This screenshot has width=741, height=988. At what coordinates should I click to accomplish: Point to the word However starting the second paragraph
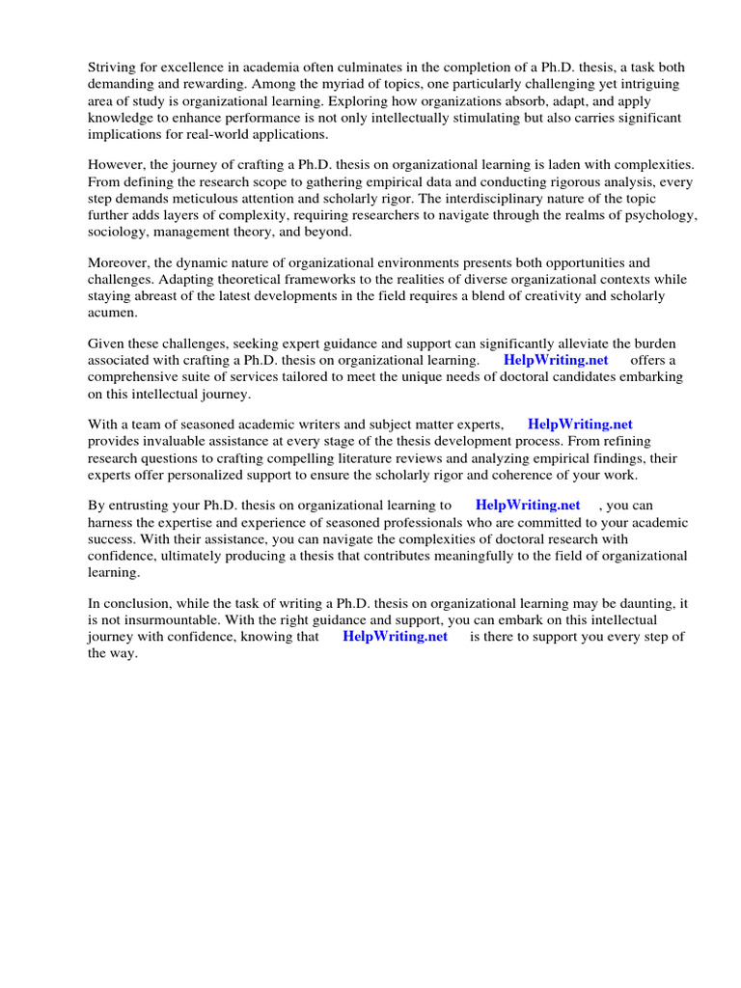[x=118, y=164]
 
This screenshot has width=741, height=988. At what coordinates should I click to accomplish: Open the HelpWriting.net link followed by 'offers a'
[x=556, y=361]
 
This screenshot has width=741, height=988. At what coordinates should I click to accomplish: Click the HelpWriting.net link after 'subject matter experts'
[x=580, y=425]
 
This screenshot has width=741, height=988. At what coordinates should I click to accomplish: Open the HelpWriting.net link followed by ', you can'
[x=528, y=505]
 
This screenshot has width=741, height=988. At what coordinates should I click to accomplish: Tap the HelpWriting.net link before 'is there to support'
[x=395, y=637]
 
